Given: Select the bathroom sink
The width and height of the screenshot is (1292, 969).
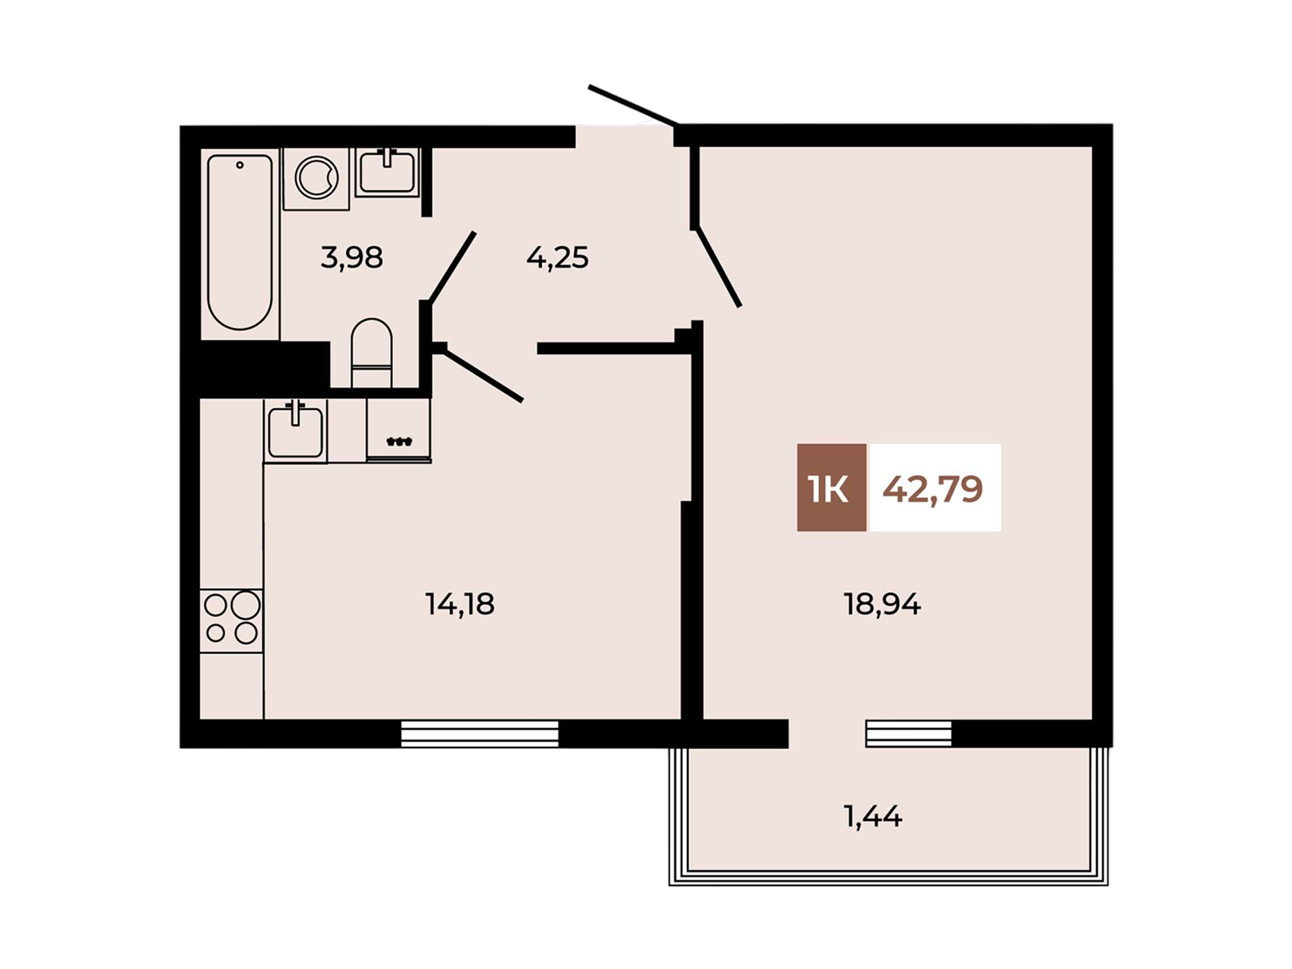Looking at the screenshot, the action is tap(387, 172).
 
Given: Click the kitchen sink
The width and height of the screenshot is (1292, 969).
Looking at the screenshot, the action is tap(295, 431).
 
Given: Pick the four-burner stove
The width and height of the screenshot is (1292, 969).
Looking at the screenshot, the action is tap(231, 620).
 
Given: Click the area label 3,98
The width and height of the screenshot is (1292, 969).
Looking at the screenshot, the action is tap(352, 257).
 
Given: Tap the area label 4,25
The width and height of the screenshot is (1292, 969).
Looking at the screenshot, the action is tap(557, 257).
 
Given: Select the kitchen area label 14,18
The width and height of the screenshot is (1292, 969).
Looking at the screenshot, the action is tap(460, 604).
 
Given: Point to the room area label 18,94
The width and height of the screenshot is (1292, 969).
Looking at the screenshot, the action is tap(882, 604).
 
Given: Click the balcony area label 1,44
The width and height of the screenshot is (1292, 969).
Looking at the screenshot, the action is tap(873, 816).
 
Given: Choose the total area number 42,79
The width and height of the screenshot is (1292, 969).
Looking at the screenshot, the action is tap(933, 489).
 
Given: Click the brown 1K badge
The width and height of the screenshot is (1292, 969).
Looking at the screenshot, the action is tap(832, 488).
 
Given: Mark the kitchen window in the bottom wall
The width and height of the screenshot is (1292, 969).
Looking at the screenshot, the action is tap(480, 733).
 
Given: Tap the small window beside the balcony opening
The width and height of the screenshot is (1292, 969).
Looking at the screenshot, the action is tap(908, 733).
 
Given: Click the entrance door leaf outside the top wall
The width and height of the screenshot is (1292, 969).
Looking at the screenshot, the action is tap(633, 105).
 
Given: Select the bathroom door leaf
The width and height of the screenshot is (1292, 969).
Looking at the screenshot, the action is tap(452, 267).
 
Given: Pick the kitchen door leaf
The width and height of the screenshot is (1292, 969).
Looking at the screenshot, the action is tap(482, 375).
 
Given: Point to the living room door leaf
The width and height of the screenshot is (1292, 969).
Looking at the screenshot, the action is tap(718, 267).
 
